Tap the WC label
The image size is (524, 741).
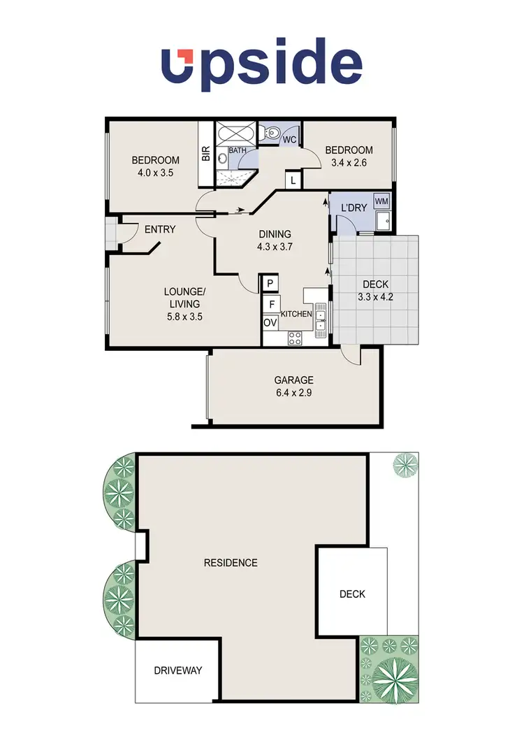289,140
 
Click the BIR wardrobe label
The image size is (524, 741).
206,154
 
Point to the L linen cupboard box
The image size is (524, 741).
293,181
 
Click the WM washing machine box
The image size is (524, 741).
381,201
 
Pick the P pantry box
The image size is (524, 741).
270,283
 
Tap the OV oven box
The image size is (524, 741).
270,323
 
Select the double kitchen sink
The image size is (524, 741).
321,319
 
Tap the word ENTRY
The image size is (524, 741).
160,229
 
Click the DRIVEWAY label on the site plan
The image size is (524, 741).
178,670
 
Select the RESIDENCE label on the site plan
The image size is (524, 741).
231,563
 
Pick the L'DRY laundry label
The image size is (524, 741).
354,209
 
